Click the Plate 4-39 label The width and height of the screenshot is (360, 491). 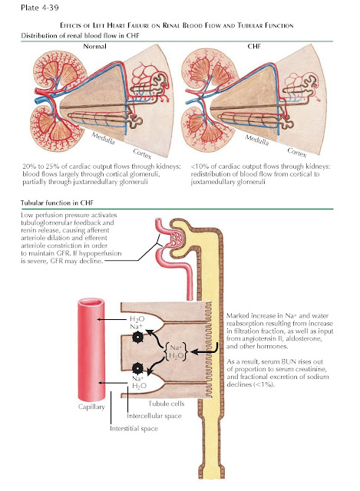(40, 8)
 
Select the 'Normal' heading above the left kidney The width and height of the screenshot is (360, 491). (94, 46)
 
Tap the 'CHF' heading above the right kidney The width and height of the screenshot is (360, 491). (254, 46)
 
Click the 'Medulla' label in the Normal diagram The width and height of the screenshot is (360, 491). (103, 138)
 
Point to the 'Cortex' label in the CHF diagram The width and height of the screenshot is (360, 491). (297, 153)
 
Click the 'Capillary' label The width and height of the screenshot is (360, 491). (91, 407)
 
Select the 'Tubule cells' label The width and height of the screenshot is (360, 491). (167, 404)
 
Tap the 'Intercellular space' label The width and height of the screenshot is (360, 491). (154, 416)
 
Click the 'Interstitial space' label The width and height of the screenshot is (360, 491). (134, 428)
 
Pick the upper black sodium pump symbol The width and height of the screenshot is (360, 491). (137, 337)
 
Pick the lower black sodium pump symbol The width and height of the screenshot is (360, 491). (137, 368)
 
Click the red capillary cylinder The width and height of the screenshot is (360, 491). (91, 350)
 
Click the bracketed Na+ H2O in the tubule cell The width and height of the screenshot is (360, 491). (176, 351)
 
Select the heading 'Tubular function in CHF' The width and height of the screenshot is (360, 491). (57, 203)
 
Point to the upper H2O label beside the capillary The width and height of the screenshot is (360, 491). (137, 319)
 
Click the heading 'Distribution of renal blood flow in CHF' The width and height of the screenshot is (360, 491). (80, 35)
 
